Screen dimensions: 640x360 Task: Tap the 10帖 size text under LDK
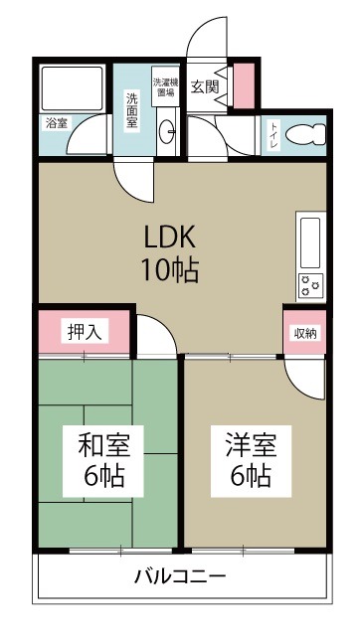[172, 268]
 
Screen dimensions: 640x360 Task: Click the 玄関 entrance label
[205, 85]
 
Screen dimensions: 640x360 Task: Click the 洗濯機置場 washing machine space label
[165, 87]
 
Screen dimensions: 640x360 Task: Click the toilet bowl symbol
[307, 136]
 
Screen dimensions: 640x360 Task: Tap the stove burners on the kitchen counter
[309, 284]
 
